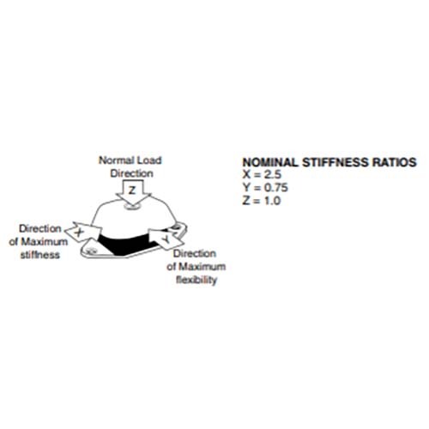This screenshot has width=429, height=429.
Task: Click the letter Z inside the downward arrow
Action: [132, 190]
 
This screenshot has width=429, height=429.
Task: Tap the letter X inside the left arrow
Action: [79, 232]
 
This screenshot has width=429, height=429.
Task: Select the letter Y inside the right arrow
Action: [166, 239]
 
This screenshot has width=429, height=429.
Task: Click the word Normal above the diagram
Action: [117, 160]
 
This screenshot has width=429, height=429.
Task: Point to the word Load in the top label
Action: [149, 160]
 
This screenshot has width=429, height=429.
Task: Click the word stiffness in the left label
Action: [40, 255]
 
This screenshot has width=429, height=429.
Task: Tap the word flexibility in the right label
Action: [196, 280]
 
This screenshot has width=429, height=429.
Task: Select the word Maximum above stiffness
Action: [45, 242]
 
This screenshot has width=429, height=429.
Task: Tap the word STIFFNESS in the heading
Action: [335, 162]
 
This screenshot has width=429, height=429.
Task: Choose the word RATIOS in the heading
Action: [394, 162]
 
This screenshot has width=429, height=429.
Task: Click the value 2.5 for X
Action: [273, 174]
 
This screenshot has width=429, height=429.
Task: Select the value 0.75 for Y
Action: [275, 188]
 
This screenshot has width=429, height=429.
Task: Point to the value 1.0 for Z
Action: [272, 201]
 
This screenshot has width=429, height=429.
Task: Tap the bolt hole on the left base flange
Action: [91, 251]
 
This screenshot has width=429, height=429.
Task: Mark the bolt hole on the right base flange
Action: [177, 227]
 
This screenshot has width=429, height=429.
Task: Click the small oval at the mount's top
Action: [132, 206]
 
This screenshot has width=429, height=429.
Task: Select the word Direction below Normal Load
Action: [132, 173]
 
